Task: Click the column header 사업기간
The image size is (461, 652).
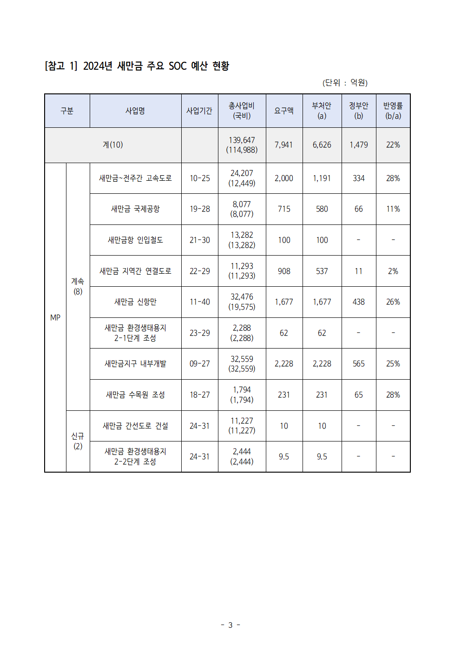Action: [x=199, y=111]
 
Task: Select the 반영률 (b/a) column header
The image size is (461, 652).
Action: [x=393, y=111]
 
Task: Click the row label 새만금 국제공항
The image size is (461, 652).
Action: [x=135, y=209]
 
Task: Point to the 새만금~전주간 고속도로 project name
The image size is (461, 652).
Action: [x=135, y=178]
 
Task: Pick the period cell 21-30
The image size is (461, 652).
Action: [x=199, y=240]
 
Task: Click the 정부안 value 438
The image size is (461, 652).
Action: [x=358, y=302]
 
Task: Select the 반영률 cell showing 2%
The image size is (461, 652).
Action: [x=393, y=271]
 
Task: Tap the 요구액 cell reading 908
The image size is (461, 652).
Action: [x=284, y=271]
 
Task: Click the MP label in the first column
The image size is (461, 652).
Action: [x=55, y=317]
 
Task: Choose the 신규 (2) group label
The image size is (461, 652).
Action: [x=78, y=441]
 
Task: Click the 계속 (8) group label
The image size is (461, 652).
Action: [x=78, y=286]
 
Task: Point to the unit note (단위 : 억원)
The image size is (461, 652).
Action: [x=345, y=83]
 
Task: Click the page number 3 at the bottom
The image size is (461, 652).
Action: [x=230, y=625]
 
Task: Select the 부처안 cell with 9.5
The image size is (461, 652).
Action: [x=322, y=457]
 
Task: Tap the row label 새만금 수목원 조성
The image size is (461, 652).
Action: [x=135, y=395]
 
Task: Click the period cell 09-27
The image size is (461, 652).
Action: [x=199, y=364]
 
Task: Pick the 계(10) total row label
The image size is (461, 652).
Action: [x=113, y=145]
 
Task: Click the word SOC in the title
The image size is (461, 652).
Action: [x=178, y=66]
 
